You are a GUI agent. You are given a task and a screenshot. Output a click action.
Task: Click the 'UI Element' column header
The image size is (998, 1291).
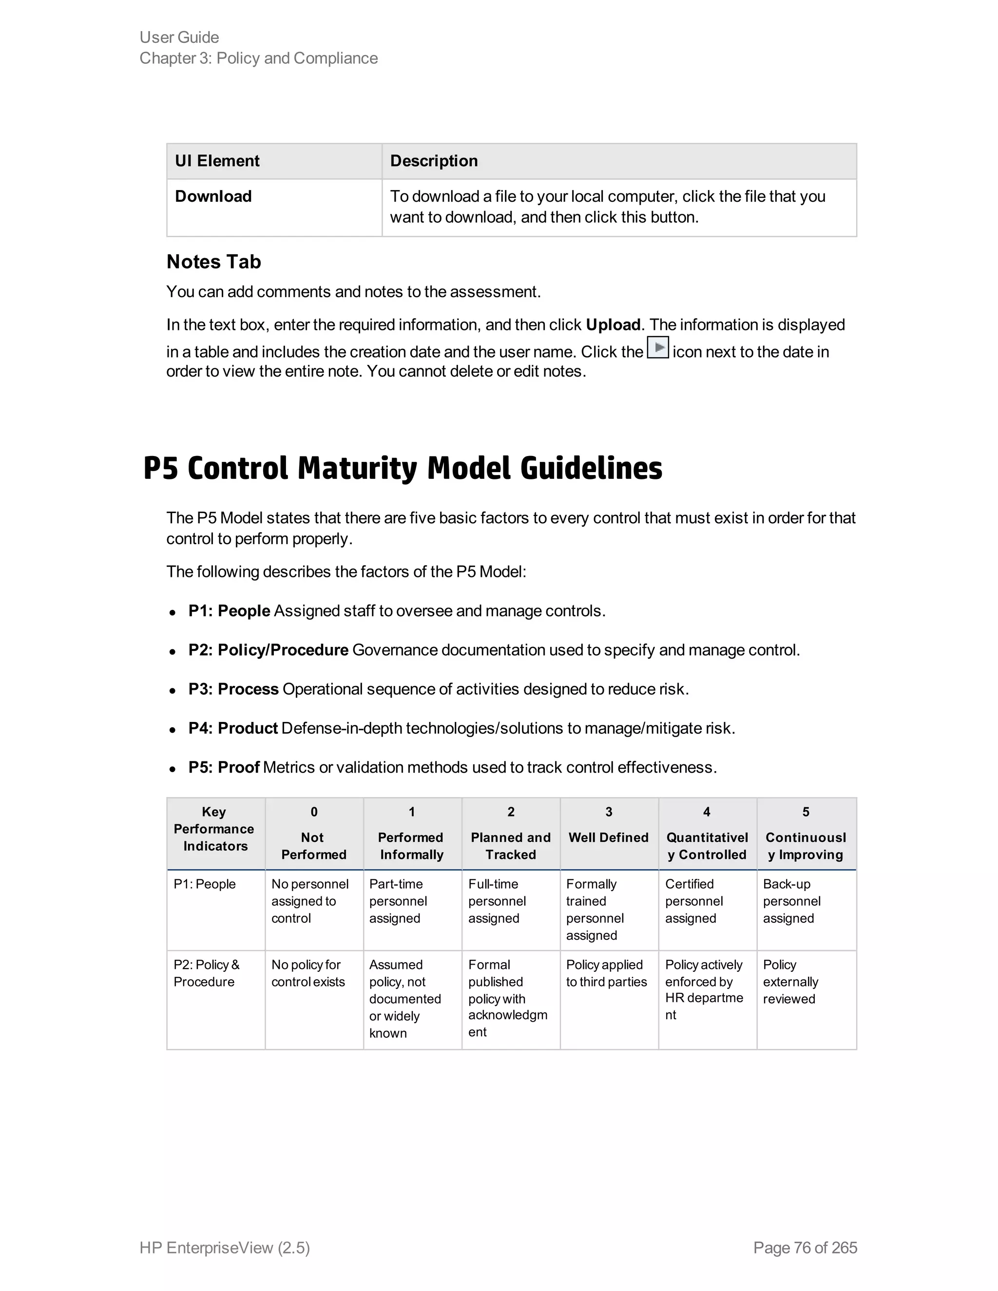217,161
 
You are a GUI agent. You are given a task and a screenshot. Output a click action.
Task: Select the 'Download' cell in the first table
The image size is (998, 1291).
213,196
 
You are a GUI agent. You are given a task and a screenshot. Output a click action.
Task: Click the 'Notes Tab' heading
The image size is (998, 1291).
213,262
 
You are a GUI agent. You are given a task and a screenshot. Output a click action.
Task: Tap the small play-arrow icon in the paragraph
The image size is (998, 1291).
658,347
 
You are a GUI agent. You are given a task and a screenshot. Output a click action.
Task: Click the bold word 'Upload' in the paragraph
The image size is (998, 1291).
613,325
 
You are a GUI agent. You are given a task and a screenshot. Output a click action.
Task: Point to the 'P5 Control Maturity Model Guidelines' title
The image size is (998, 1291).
403,468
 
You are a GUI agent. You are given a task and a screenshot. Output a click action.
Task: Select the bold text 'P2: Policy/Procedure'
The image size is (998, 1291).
268,650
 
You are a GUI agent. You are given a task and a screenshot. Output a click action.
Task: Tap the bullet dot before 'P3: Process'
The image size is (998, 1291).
172,690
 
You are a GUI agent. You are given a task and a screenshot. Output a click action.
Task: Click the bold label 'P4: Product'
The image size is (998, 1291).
233,728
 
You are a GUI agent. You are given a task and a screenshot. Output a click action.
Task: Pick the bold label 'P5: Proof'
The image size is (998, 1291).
224,767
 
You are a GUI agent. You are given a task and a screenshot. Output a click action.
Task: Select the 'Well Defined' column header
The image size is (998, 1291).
608,837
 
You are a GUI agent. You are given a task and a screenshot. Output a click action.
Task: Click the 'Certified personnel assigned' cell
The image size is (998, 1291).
693,901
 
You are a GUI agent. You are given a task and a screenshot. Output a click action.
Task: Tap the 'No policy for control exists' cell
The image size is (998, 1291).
307,973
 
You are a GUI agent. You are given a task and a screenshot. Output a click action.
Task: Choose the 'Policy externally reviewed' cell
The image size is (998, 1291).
790,981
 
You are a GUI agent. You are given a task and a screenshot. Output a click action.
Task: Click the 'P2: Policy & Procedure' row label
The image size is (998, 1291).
206,973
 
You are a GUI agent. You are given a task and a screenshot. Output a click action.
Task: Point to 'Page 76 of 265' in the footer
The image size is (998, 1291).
805,1248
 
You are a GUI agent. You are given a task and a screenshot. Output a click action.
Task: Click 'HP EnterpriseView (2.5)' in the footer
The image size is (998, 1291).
225,1248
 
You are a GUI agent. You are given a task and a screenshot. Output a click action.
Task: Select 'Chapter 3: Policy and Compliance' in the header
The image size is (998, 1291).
258,58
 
